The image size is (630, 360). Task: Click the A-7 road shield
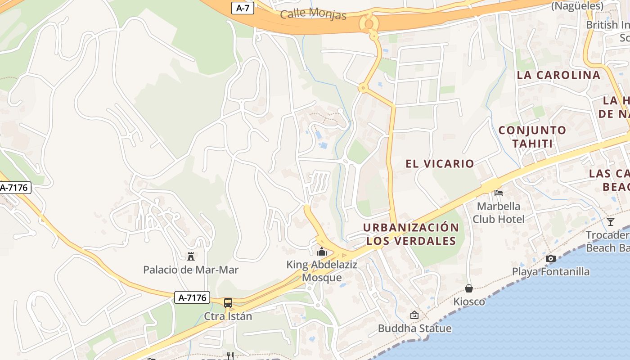[243, 8]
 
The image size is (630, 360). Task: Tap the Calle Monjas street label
[313, 14]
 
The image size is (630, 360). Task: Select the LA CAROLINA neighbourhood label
[558, 75]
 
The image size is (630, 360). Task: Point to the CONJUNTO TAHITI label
[532, 137]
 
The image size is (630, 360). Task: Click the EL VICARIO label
[440, 164]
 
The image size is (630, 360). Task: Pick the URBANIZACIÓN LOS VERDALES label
[411, 234]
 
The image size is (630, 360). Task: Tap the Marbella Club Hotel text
[499, 213]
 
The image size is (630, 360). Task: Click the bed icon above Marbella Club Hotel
[499, 193]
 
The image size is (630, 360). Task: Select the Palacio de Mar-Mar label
[191, 270]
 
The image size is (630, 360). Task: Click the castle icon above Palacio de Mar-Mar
[191, 256]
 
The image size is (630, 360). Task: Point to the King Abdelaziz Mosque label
[322, 271]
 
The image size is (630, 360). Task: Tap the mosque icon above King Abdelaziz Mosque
[322, 252]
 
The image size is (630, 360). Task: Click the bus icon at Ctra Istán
[228, 302]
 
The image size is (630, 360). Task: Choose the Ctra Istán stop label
[228, 316]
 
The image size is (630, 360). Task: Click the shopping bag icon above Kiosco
[469, 288]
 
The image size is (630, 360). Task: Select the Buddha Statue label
[414, 328]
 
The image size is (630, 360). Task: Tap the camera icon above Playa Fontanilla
[550, 258]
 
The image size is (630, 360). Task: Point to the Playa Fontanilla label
[551, 272]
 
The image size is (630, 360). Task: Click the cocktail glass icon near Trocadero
[610, 221]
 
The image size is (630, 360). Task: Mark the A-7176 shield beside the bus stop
[192, 297]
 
